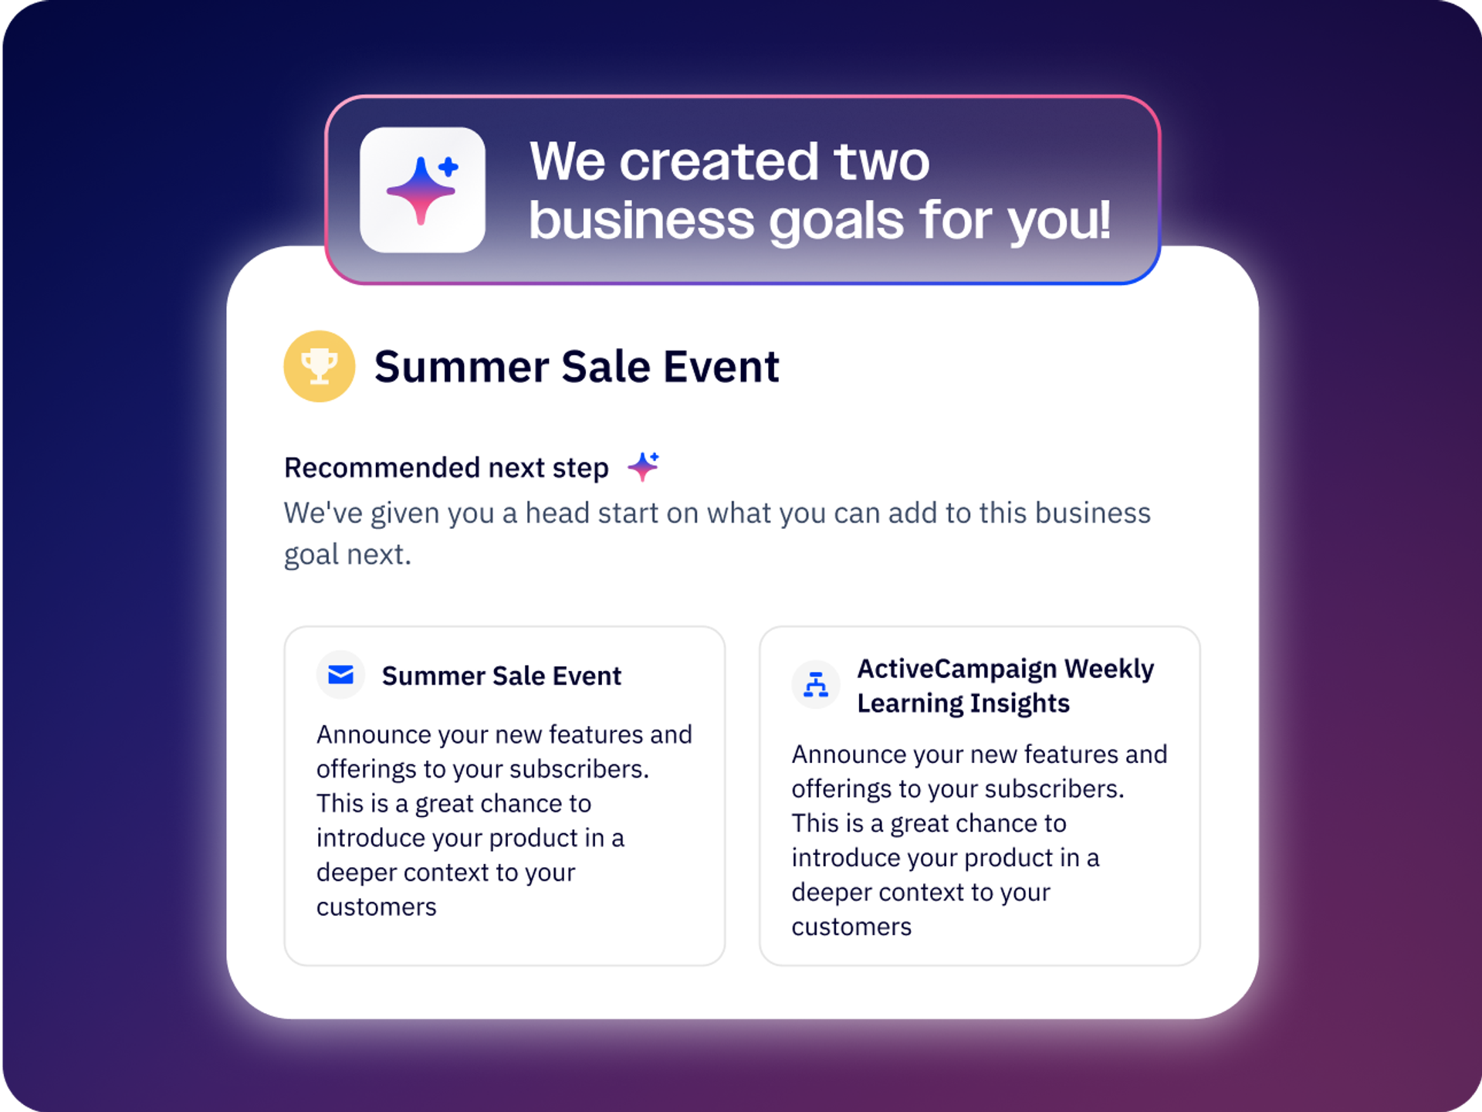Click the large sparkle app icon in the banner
pos(422,190)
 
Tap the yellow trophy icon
pos(320,366)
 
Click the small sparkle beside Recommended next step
pos(644,466)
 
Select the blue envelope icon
pos(340,675)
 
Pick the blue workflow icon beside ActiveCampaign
pos(816,685)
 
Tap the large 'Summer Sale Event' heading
pos(577,366)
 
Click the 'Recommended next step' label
pos(446,468)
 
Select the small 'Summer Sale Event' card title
pos(502,676)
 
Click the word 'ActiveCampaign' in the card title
pos(957,669)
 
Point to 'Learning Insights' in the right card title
pos(963,703)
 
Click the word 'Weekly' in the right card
pos(1109,669)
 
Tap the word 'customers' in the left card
pos(377,907)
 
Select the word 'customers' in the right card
pos(851,927)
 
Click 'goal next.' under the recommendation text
pos(347,554)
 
